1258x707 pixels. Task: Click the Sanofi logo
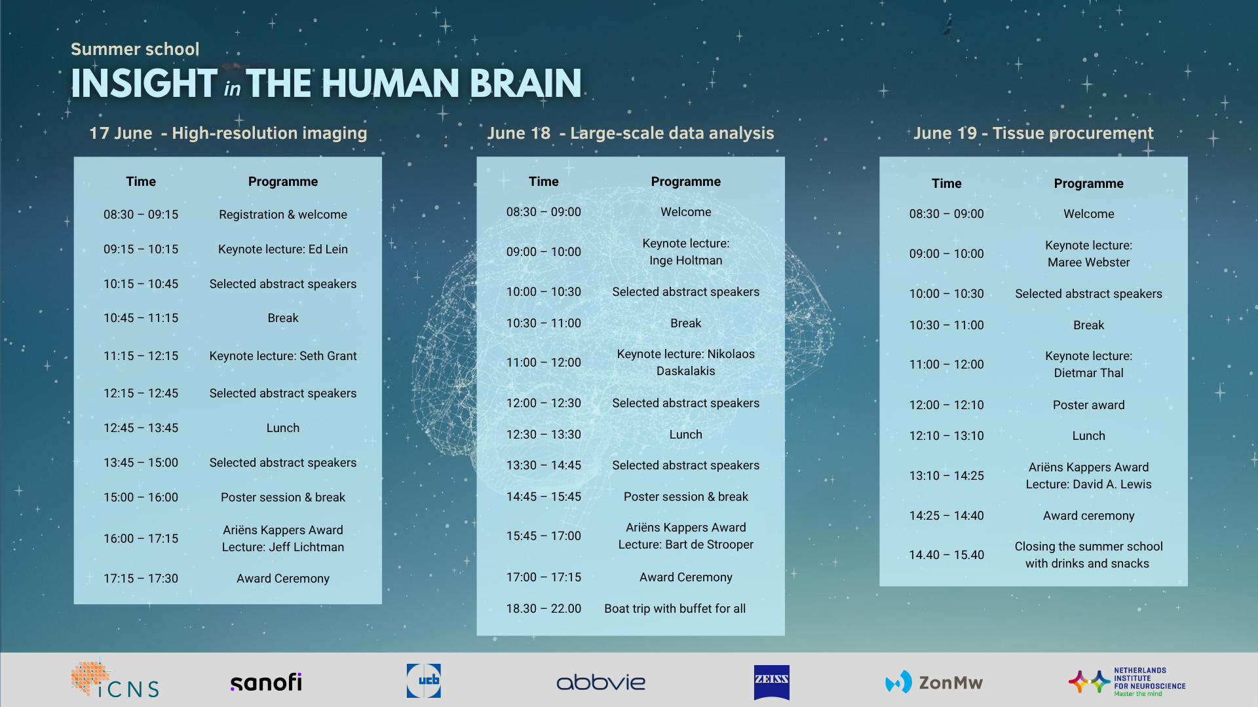266,682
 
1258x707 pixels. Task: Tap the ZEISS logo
771,682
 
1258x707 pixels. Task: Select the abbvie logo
601,682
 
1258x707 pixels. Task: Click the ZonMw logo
934,682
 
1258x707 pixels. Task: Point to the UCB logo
423,680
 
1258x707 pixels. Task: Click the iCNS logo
115,680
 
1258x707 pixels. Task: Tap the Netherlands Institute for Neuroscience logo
1127,682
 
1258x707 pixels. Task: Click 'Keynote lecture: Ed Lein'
283,249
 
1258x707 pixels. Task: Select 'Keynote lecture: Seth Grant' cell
283,356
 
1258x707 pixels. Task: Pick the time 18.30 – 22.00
544,609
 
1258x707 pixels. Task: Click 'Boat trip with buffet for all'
675,609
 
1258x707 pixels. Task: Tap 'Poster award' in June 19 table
1089,405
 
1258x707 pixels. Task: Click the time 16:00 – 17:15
141,539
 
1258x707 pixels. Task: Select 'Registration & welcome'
283,215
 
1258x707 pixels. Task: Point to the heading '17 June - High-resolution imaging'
228,134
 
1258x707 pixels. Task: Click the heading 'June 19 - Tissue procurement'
1033,134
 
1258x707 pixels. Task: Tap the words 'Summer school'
135,49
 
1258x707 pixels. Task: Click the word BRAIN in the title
525,84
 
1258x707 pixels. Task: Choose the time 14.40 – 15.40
947,555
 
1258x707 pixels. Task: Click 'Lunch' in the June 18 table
686,435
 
